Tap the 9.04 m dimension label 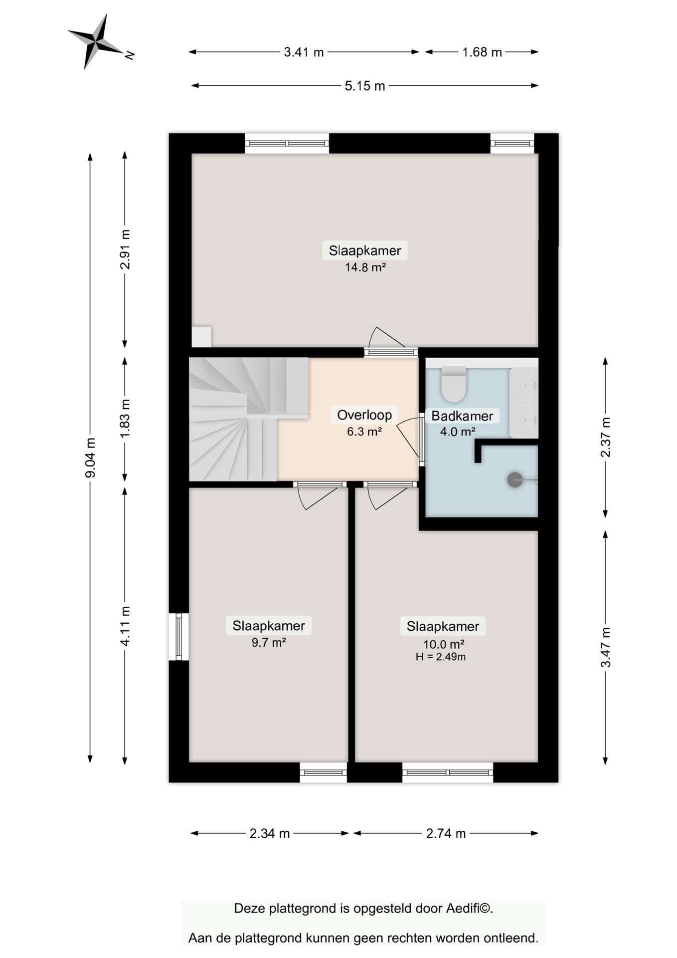90,458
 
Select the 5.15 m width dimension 365,86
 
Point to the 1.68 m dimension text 482,52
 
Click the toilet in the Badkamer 454,384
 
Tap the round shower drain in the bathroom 515,480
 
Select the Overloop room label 364,415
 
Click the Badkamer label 462,416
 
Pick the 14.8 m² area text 365,267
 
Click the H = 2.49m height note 441,657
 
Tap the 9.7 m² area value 269,643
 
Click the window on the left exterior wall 178,637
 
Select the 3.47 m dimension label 605,647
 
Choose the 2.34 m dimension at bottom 269,833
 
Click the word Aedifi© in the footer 469,909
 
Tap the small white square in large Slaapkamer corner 201,337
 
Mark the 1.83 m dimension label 125,419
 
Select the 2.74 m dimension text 446,833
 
